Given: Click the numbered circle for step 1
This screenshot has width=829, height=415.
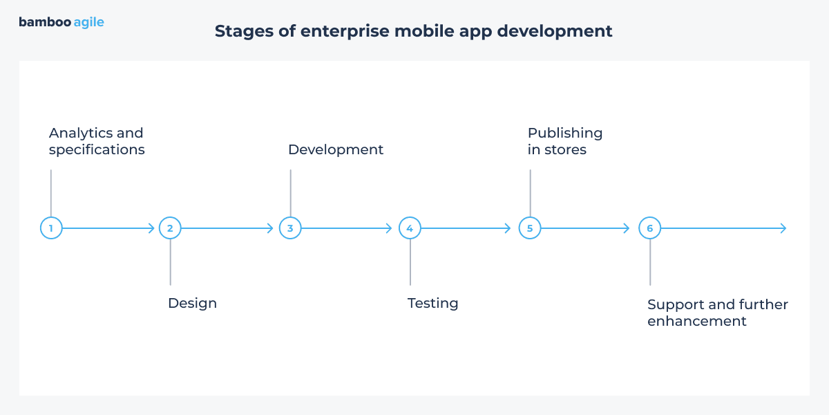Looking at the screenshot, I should tap(51, 228).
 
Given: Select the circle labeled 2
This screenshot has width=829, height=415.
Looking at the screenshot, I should tap(170, 228).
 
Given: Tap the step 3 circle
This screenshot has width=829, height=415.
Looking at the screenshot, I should tap(290, 228).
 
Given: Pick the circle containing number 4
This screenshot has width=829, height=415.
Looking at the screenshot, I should tap(410, 228).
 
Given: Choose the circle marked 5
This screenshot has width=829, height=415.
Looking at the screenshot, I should tap(530, 228).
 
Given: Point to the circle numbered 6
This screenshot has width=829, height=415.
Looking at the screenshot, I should tap(649, 228).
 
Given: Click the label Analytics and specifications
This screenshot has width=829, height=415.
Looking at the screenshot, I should tap(97, 141).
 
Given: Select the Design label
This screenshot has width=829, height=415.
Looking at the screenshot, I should tap(192, 303).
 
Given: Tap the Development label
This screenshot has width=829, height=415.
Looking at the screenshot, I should tap(336, 149).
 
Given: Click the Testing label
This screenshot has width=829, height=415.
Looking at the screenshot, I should tap(432, 303).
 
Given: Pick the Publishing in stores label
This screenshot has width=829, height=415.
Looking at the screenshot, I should tap(564, 141).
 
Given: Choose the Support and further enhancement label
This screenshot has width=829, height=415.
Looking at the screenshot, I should tap(717, 313).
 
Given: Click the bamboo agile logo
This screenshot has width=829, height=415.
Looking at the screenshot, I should tap(61, 22).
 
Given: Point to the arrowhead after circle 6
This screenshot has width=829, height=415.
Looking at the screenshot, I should tap(783, 228).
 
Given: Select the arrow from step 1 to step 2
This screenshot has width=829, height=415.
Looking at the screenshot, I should tap(109, 228).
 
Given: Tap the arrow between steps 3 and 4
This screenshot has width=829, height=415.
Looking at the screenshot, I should tap(349, 228).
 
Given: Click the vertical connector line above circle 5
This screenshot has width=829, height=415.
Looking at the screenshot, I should tap(530, 193).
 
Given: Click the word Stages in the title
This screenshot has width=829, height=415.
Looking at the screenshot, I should tap(239, 32).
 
